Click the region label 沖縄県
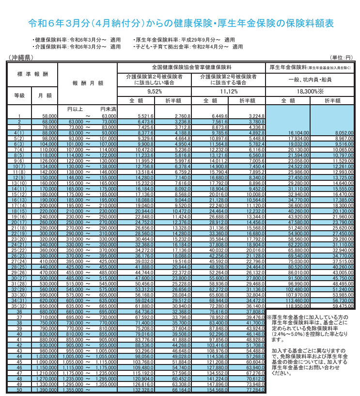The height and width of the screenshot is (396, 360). point(20,57)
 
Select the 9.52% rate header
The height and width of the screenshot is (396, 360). point(154,91)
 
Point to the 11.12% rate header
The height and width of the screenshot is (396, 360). point(228,91)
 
